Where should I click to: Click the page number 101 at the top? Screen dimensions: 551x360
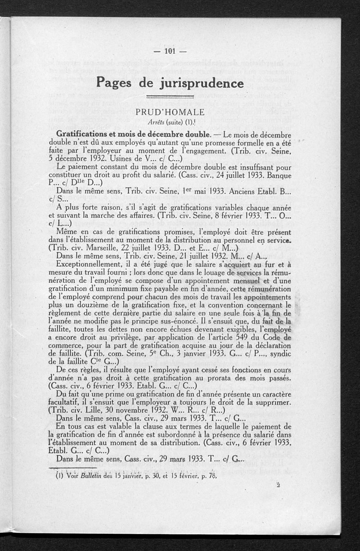click(170, 51)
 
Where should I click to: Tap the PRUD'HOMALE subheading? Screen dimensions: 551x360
click(170, 112)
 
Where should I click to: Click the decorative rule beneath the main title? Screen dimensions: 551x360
click(171, 96)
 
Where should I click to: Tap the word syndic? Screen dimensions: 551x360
click(279, 353)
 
